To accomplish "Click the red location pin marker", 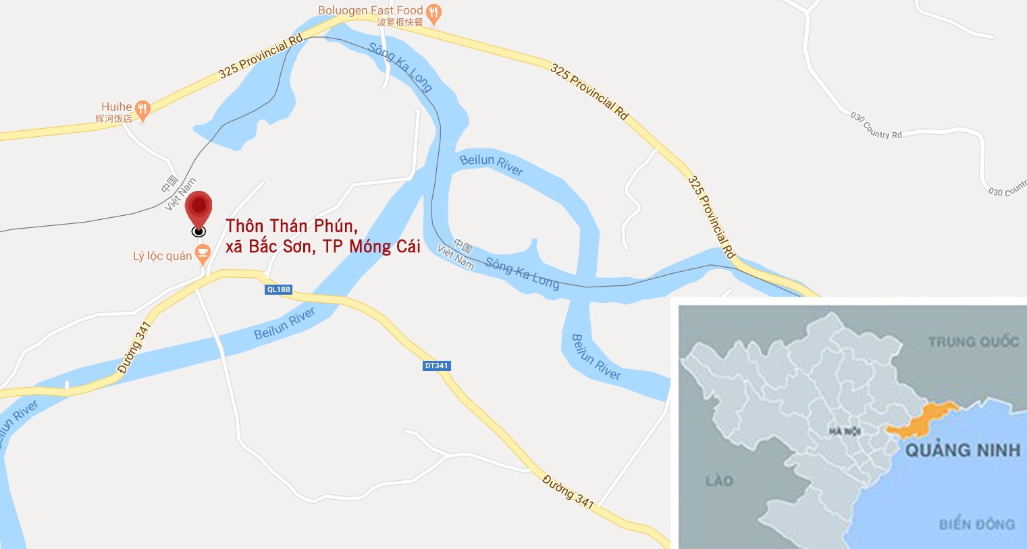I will [x=199, y=206].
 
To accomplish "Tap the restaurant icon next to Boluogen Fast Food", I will [x=434, y=12].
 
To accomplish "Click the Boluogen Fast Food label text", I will [x=370, y=10].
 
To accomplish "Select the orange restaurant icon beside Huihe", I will [x=142, y=108].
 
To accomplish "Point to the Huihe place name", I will [x=116, y=107].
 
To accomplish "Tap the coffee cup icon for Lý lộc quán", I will [x=202, y=254].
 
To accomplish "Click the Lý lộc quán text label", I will [x=162, y=256].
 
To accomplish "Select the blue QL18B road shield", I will [x=278, y=289].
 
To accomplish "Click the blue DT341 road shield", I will [x=436, y=366].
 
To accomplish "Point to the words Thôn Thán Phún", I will [x=291, y=226].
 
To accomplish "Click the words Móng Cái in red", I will [x=384, y=247].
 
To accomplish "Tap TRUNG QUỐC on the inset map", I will [x=973, y=342].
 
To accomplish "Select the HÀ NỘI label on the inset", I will [x=845, y=431].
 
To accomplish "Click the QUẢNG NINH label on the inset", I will [x=962, y=451].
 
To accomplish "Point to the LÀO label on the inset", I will [x=719, y=481].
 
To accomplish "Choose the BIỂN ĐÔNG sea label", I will [x=976, y=524].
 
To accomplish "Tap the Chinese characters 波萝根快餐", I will [x=400, y=22].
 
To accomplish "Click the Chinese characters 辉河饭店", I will [x=113, y=119].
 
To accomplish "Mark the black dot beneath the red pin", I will [x=199, y=231].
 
